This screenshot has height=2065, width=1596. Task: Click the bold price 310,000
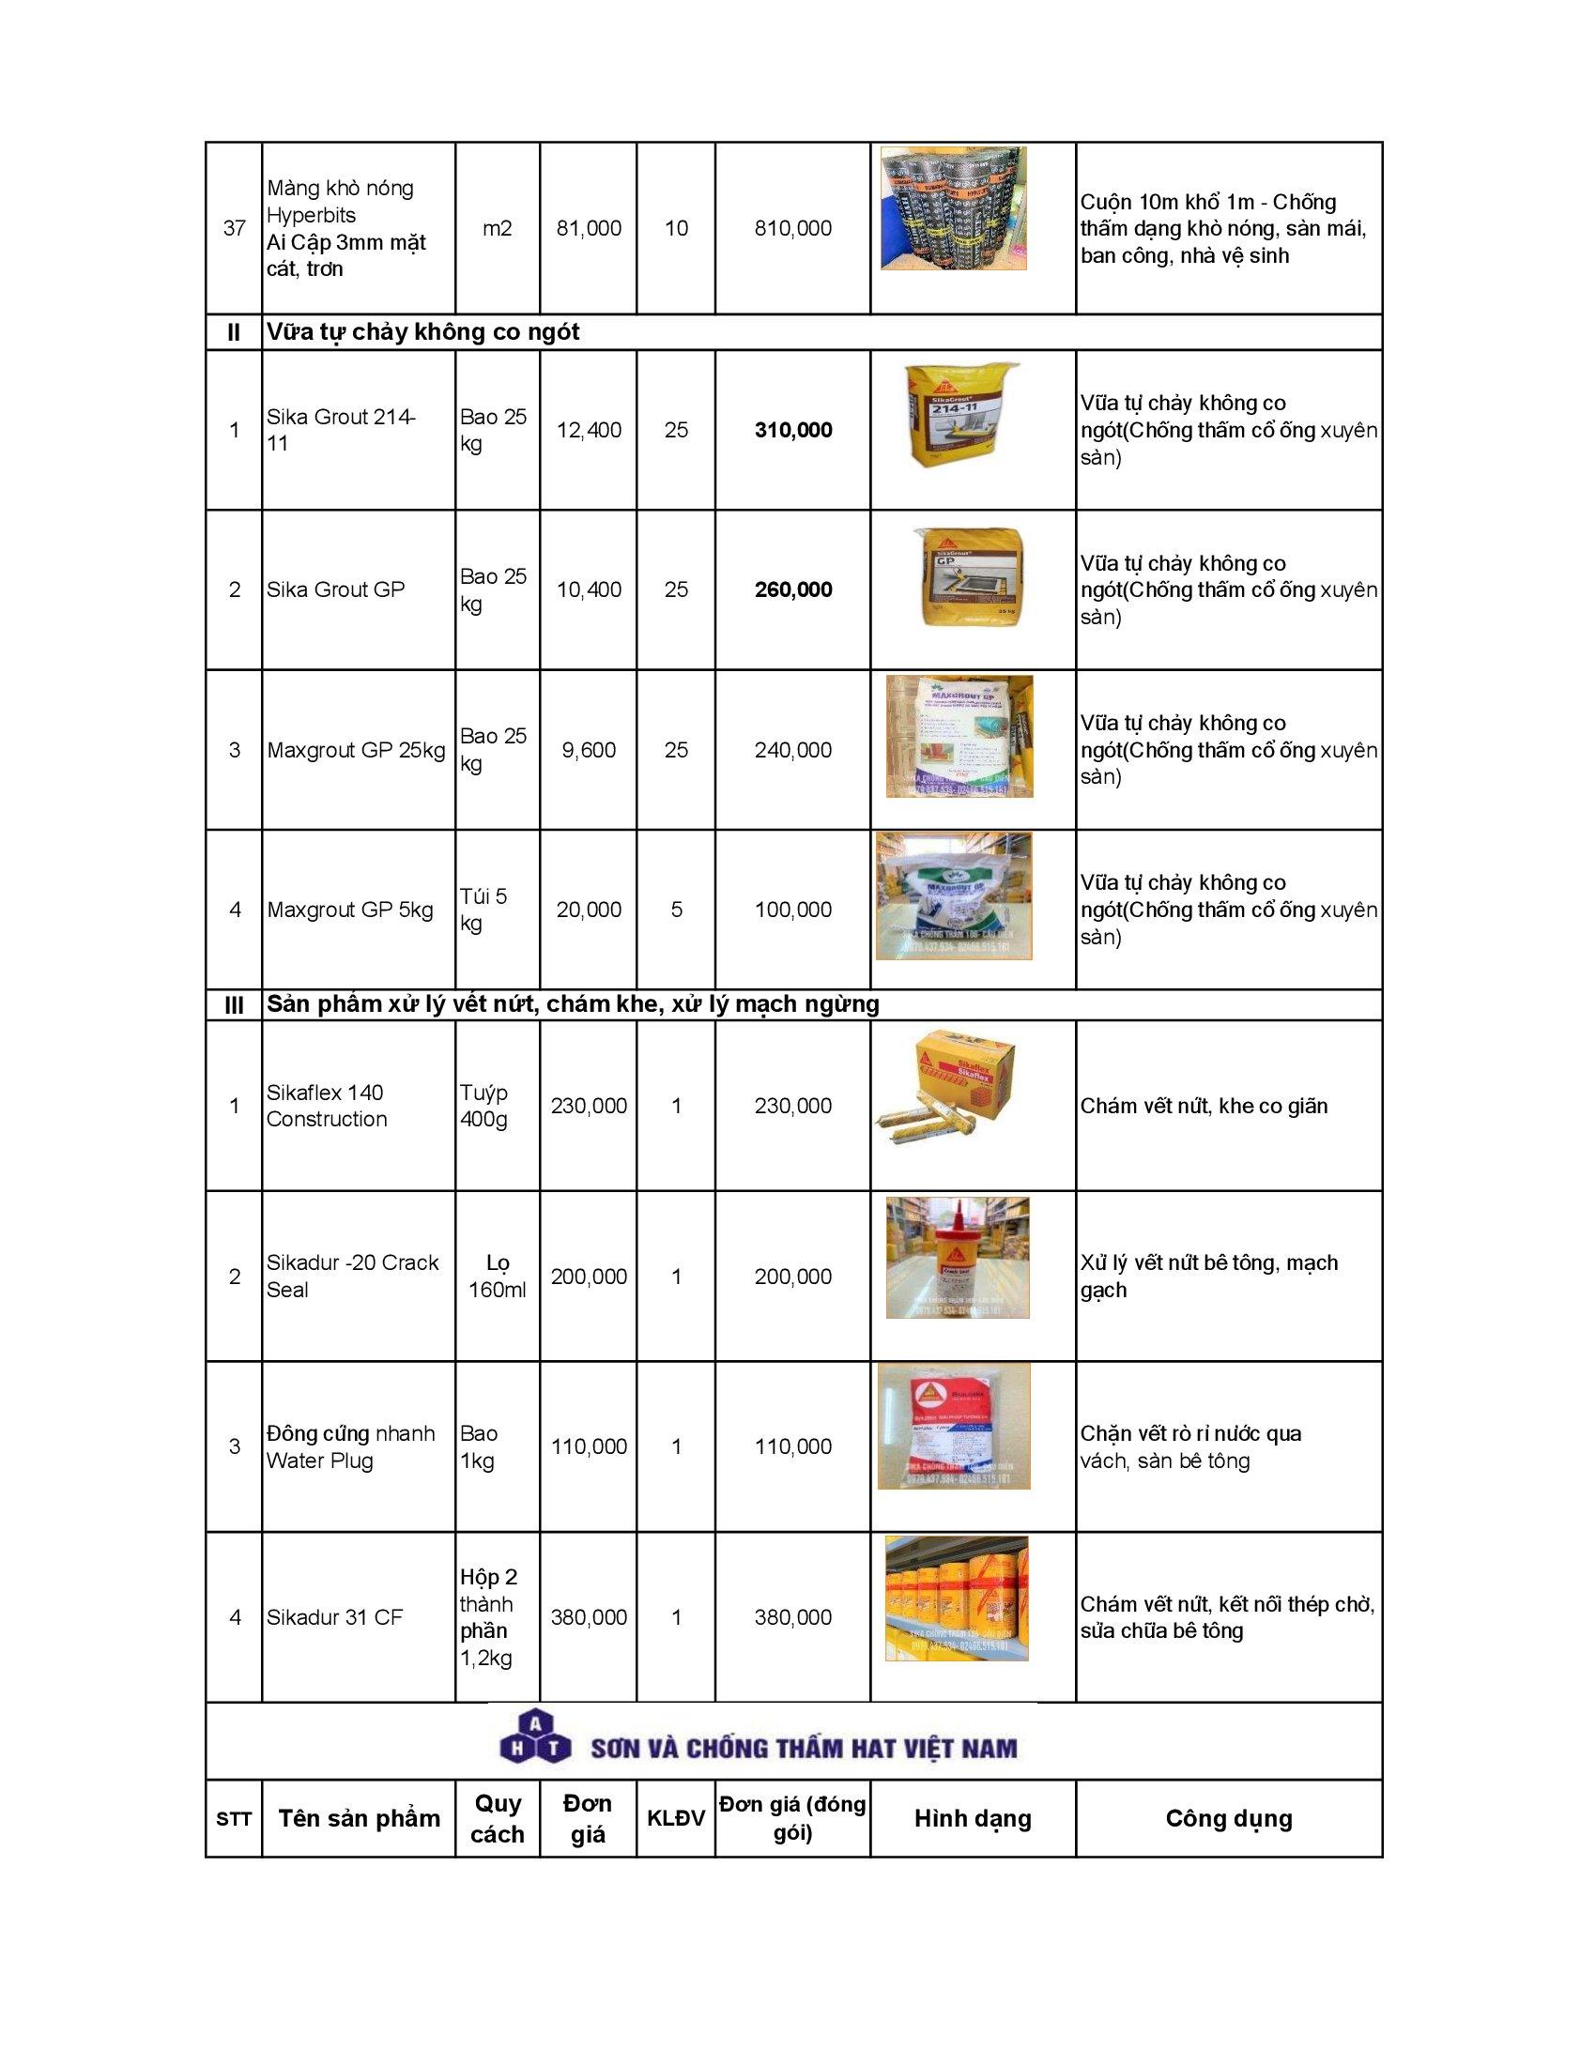(x=792, y=430)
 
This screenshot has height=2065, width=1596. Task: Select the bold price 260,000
(x=792, y=590)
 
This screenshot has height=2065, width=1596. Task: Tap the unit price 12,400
(x=588, y=430)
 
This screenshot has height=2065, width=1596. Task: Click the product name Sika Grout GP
(x=336, y=590)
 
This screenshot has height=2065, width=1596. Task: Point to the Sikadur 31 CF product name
(x=335, y=1617)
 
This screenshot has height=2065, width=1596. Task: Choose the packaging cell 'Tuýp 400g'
(x=484, y=1106)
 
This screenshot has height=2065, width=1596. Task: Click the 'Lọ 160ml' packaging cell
(x=498, y=1277)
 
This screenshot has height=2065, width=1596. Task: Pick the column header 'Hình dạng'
(x=972, y=1818)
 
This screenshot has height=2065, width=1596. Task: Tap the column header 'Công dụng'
(x=1228, y=1818)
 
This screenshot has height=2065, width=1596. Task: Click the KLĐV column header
(x=676, y=1818)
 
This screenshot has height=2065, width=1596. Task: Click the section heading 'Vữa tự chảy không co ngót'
(x=422, y=332)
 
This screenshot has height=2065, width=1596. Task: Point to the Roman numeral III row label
(x=234, y=1005)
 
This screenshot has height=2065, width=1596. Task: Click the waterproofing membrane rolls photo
(x=953, y=208)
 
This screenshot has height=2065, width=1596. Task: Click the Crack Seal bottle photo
(x=957, y=1258)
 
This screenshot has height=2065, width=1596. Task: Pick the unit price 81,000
(x=588, y=228)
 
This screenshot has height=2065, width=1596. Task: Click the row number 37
(x=234, y=228)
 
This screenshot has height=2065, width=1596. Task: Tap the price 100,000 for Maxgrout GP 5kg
(x=792, y=910)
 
